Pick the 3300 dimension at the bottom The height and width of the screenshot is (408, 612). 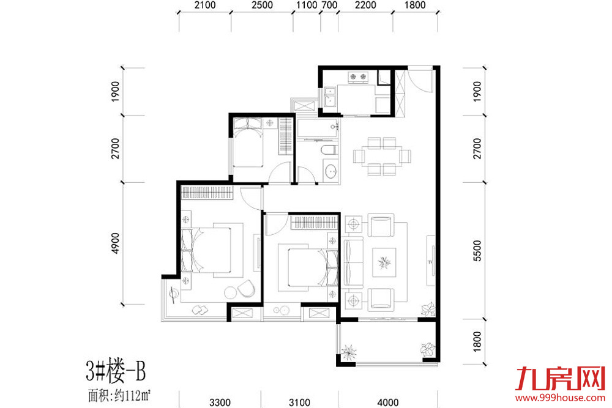coord(220,402)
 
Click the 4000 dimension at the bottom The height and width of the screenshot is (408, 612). coord(387,402)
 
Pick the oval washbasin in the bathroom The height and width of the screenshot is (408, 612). coord(330,171)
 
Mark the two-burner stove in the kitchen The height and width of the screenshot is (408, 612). coord(358,77)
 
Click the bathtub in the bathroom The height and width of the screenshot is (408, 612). coord(317,129)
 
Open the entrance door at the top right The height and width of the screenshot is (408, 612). coord(422,81)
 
